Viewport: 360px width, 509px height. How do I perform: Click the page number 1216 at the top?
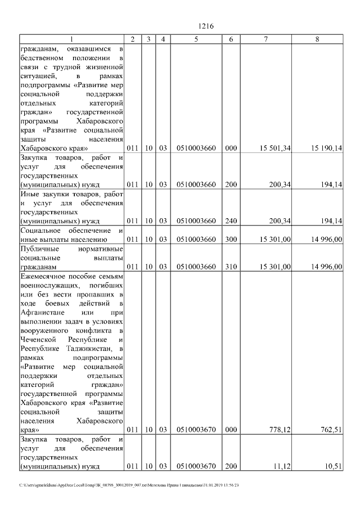coord(207,26)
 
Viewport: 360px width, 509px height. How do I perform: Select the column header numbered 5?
coord(196,39)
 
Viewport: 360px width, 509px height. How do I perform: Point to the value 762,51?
coord(331,430)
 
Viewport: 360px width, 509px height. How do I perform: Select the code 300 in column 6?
coord(231,239)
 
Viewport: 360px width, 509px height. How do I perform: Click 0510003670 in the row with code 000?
coord(196,430)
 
